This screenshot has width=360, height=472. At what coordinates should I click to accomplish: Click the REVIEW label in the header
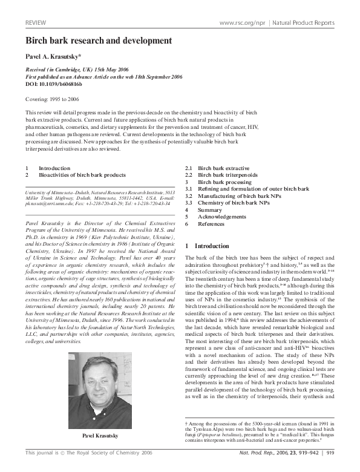[x=36, y=22]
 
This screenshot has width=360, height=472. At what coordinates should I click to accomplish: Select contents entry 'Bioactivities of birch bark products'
[x=82, y=174]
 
